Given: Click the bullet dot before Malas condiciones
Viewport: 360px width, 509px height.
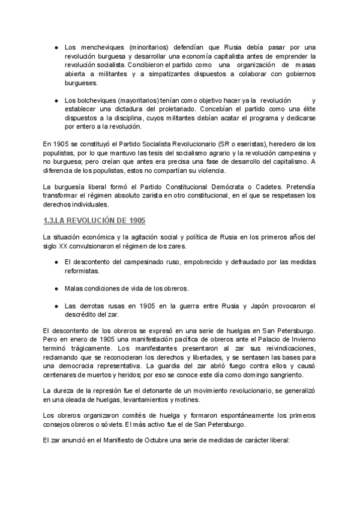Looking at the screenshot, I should [55, 288].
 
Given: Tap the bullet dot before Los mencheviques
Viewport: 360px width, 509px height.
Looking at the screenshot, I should [55, 47].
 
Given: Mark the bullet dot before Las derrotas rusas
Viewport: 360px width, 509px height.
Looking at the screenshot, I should [55, 306].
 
